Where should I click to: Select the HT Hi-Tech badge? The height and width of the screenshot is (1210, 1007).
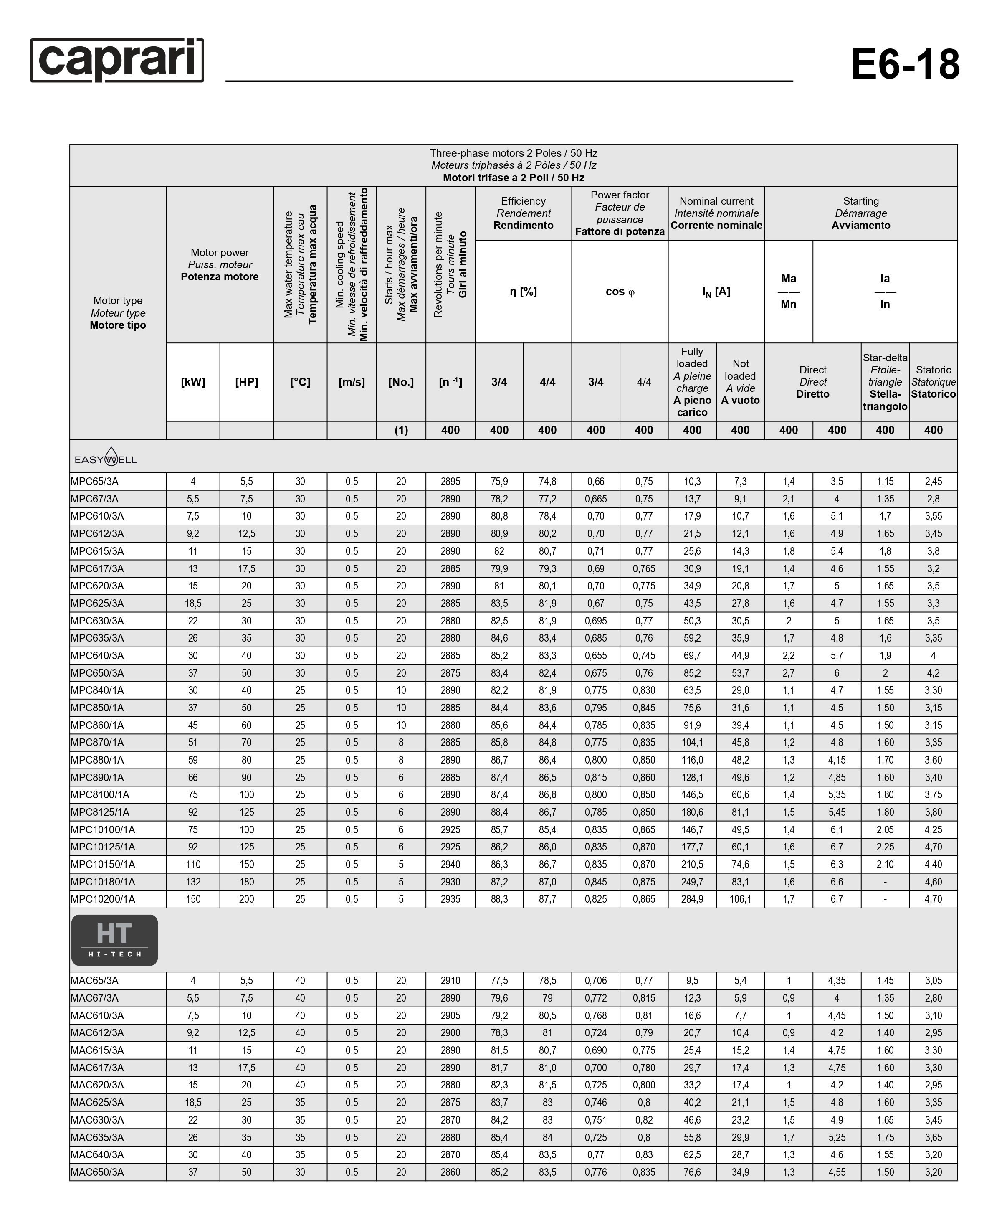point(114,940)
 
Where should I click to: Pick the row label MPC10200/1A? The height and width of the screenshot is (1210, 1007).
point(103,899)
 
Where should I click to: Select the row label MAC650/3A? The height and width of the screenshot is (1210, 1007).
point(97,1172)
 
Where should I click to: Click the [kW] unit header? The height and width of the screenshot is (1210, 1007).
point(193,382)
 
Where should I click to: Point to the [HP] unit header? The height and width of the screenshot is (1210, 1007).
point(247,382)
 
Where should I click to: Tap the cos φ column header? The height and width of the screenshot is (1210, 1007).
point(620,292)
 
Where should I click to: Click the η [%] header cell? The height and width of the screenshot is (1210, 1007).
point(523,292)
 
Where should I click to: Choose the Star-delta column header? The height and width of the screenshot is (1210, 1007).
point(885,382)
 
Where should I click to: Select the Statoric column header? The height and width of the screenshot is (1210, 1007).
point(933,382)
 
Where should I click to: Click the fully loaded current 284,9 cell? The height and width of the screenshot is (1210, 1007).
point(692,899)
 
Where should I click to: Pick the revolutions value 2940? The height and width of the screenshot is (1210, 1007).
point(450,864)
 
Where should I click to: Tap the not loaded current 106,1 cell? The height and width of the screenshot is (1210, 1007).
point(740,899)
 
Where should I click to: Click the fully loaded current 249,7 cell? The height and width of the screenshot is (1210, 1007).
point(692,882)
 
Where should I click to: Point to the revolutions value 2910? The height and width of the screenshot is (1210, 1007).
point(450,981)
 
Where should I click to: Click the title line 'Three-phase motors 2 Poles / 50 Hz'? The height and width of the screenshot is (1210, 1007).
point(513,153)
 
